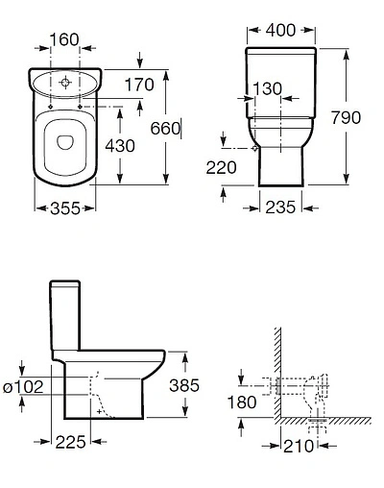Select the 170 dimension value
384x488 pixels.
click(138, 85)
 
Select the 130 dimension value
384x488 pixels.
click(267, 88)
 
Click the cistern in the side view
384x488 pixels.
click(64, 317)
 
